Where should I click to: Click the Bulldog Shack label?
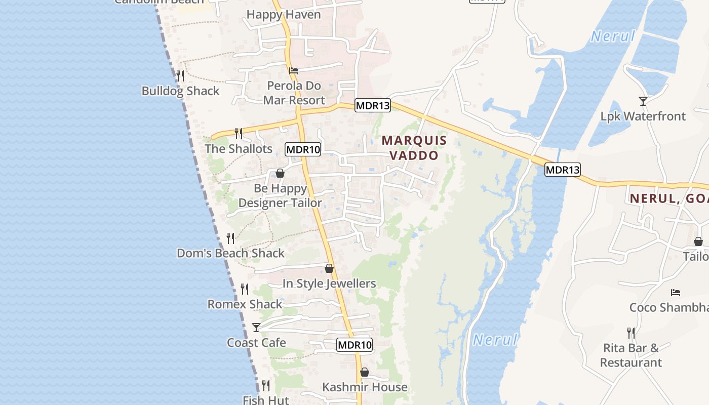coord(180,91)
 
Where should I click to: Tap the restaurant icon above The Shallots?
coord(239,133)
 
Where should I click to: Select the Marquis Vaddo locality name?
coord(414,148)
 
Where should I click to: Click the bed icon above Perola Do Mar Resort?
coord(294,71)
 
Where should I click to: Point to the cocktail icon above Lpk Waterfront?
coord(643,101)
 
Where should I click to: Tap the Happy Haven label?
coord(284,15)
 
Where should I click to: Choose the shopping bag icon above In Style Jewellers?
coord(329,268)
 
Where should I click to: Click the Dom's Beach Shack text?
coord(230,253)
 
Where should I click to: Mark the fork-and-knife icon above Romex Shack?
coord(245,289)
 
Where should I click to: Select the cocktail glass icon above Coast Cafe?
coord(256,328)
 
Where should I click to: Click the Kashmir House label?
coord(365,387)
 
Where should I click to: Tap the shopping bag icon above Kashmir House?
coord(365,373)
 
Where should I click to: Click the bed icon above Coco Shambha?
coord(676,293)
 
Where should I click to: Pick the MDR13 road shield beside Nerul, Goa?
coord(563,170)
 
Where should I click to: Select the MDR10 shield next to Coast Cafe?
coord(354,345)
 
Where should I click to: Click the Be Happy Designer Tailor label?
coord(280,195)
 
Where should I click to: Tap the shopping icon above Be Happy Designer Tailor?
coord(280,174)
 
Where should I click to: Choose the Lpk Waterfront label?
coord(643,116)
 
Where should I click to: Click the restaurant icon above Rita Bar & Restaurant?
coord(631,333)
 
